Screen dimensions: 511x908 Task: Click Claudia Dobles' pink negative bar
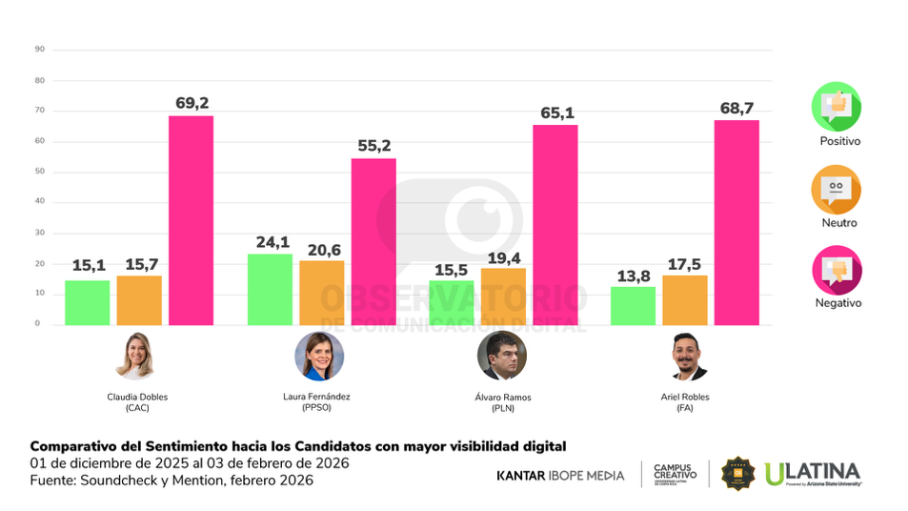click(191, 220)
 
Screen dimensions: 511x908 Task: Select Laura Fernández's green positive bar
click(270, 289)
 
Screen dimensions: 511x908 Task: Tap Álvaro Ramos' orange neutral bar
click(502, 296)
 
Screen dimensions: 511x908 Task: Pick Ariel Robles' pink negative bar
click(736, 222)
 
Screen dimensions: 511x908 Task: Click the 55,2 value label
click(373, 146)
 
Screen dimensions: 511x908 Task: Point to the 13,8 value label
click(633, 276)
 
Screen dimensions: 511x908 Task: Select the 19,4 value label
click(502, 256)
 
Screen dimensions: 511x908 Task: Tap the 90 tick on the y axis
click(39, 50)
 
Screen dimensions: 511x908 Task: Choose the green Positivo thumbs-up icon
click(836, 107)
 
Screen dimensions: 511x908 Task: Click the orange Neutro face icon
click(836, 189)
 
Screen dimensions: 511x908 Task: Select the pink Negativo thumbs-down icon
click(836, 270)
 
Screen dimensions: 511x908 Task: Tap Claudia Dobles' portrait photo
click(134, 356)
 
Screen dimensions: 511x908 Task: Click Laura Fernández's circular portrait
click(318, 356)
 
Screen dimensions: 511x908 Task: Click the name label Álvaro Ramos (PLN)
click(502, 401)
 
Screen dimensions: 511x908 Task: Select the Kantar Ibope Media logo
click(560, 475)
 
